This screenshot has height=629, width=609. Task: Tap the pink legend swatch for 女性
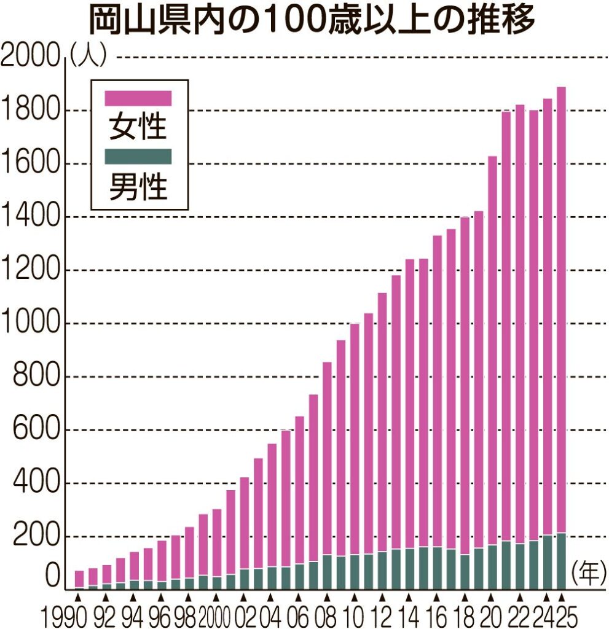(x=138, y=98)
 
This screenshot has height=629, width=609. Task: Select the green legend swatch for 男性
(x=138, y=157)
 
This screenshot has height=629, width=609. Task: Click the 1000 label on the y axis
(x=31, y=324)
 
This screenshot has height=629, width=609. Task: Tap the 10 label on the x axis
(x=355, y=614)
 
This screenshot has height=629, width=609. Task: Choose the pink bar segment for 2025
(x=561, y=307)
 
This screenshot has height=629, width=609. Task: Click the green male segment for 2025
(x=561, y=561)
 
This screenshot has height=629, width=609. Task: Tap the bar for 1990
(x=79, y=579)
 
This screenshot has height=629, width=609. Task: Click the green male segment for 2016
(x=437, y=568)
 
